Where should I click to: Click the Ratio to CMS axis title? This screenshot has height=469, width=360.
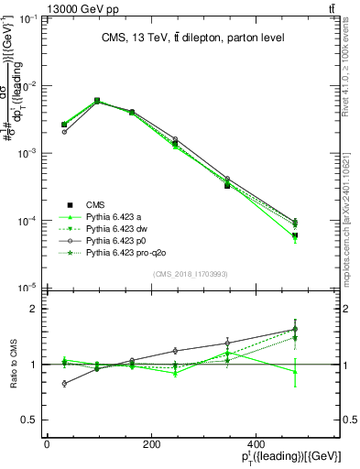click(x=11, y=364)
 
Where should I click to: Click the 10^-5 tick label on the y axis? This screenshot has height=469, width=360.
click(x=25, y=288)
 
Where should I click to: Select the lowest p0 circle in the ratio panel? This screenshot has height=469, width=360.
click(x=64, y=384)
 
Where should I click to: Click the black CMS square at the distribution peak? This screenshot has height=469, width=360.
click(x=97, y=101)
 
